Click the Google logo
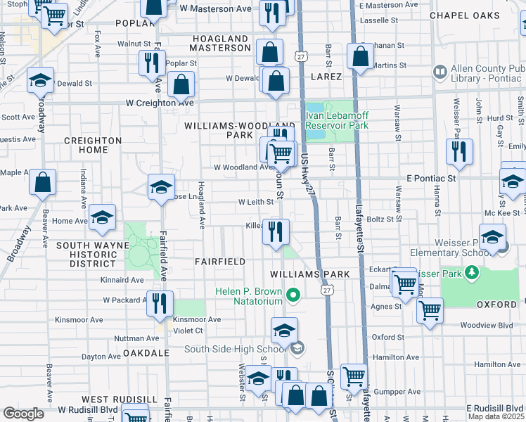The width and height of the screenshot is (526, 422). [24, 413]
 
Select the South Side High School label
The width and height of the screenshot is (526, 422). [236, 349]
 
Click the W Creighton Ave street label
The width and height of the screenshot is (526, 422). [150, 103]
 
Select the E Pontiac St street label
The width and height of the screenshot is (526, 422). [431, 179]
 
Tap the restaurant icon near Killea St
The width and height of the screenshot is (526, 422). [276, 230]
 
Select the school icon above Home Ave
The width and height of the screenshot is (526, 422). [103, 219]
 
